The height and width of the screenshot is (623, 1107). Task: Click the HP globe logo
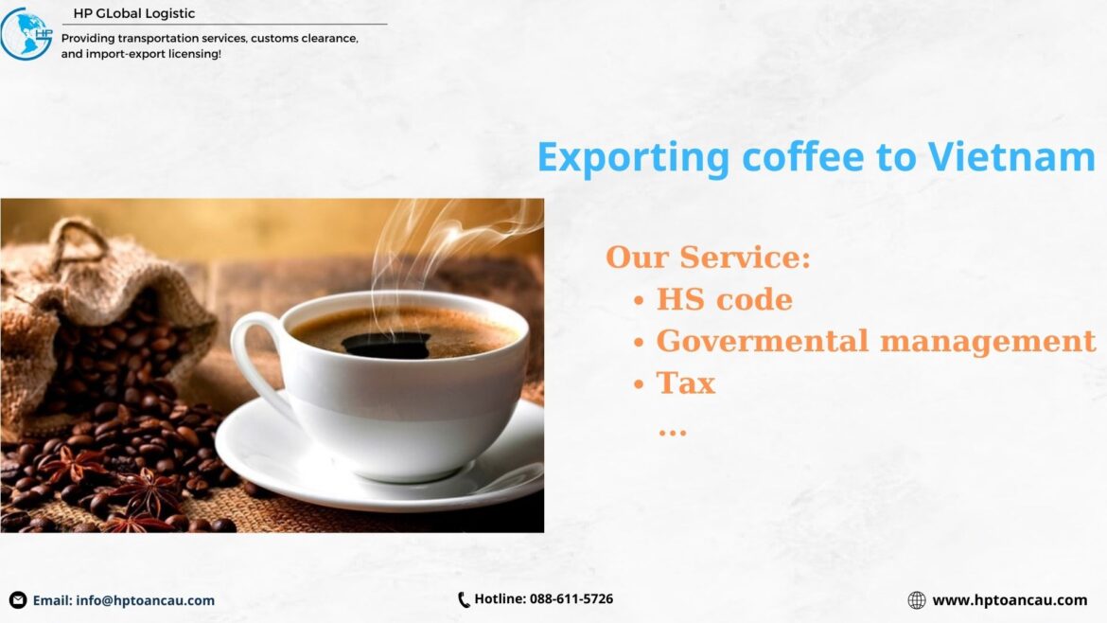point(26,34)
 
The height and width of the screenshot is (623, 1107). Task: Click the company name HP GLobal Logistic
point(134,13)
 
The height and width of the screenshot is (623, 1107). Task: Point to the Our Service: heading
point(708,258)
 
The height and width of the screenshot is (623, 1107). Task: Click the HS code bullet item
point(724,299)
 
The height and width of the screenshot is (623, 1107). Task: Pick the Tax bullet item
point(685,383)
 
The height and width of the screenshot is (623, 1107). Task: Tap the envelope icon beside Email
point(18,600)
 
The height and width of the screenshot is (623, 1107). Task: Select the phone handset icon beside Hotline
point(464,599)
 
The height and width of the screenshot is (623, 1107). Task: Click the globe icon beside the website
point(916,600)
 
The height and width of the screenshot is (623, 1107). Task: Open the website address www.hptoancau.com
point(1010,600)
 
